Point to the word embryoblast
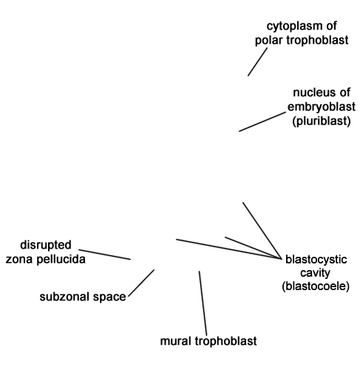pos(322,107)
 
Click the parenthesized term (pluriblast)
pos(322,121)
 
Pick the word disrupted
pos(46,245)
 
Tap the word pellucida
pos(61,259)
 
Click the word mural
pos(176,341)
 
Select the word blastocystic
pos(316,260)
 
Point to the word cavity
pos(315,273)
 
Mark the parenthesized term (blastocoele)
pos(316,286)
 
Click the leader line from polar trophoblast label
pos(258,61)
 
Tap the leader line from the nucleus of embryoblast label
pos(262,121)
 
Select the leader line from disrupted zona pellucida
pos(104,255)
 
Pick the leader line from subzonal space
pos(141,283)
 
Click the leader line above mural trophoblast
pos(203,303)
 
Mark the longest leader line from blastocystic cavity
pos(228,249)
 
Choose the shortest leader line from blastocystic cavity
pos(253,248)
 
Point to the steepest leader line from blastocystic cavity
pos(262,231)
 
